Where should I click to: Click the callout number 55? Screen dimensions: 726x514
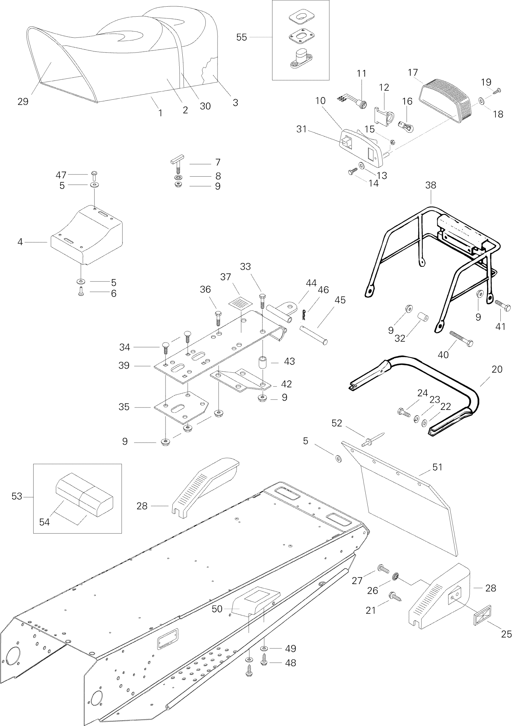[242, 37]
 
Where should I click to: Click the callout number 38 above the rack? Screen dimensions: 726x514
[431, 185]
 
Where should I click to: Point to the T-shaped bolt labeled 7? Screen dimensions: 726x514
[178, 163]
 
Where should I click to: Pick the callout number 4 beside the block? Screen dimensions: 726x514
[20, 242]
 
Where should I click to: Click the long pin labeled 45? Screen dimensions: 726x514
[313, 335]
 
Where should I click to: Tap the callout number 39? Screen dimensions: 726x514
[124, 365]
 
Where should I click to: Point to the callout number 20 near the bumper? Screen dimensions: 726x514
[497, 369]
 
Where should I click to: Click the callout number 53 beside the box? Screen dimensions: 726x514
[17, 496]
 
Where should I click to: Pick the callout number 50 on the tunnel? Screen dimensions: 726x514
[217, 609]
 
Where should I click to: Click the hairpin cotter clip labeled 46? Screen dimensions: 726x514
[304, 315]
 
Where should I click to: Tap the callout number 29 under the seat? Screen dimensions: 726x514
[23, 101]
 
